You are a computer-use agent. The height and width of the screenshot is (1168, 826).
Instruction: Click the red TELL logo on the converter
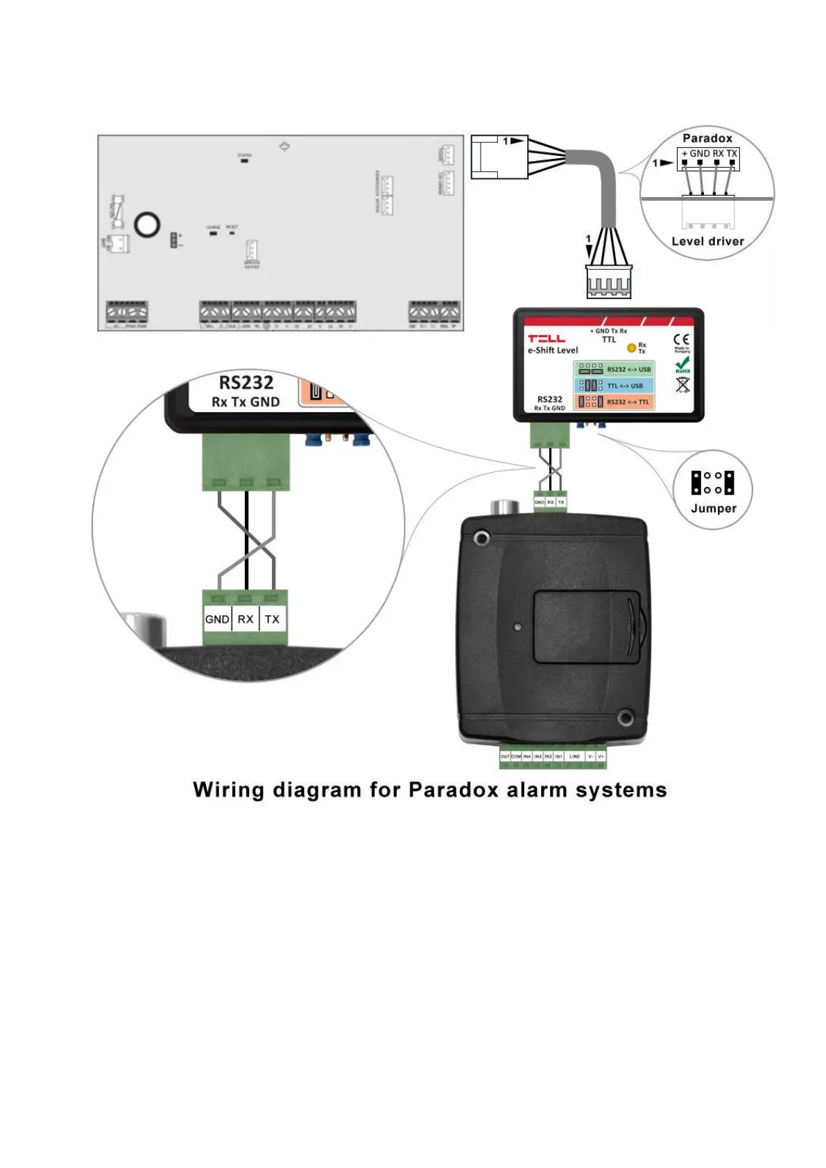click(547, 338)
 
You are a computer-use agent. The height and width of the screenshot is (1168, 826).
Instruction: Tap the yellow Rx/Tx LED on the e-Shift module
click(631, 347)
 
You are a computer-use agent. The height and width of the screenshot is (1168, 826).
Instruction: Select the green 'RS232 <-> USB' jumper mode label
click(628, 370)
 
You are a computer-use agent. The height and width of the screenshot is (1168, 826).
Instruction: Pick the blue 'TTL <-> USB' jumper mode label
click(625, 386)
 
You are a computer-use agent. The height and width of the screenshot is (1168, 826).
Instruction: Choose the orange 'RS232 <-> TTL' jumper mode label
click(628, 402)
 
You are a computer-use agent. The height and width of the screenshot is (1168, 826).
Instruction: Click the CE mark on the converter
click(682, 340)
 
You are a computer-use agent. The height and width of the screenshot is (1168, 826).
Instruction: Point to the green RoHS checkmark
click(682, 363)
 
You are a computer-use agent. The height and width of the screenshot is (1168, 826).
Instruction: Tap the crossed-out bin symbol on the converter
click(682, 384)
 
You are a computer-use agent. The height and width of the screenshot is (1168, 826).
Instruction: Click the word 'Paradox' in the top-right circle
click(707, 138)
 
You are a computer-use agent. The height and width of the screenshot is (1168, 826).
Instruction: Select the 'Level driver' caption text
click(707, 241)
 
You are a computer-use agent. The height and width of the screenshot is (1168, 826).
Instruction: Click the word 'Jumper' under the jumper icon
click(713, 508)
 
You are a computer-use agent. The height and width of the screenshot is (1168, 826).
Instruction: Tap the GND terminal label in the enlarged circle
click(217, 619)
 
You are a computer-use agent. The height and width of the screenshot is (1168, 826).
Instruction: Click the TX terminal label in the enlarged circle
click(272, 619)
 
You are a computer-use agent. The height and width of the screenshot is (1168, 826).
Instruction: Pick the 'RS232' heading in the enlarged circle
click(246, 383)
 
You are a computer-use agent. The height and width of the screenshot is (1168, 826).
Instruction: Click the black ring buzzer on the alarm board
click(147, 224)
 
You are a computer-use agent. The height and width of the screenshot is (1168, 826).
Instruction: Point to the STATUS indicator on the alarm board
click(244, 160)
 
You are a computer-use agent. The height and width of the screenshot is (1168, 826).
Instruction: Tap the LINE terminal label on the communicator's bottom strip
click(574, 756)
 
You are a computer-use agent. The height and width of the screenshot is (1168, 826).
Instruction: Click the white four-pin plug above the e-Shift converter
click(608, 282)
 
